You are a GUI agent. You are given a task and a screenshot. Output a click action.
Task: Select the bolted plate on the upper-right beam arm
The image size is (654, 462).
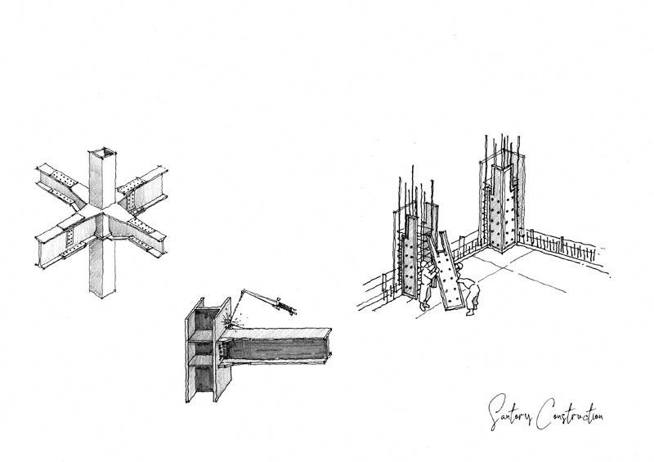pos(146,181)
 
